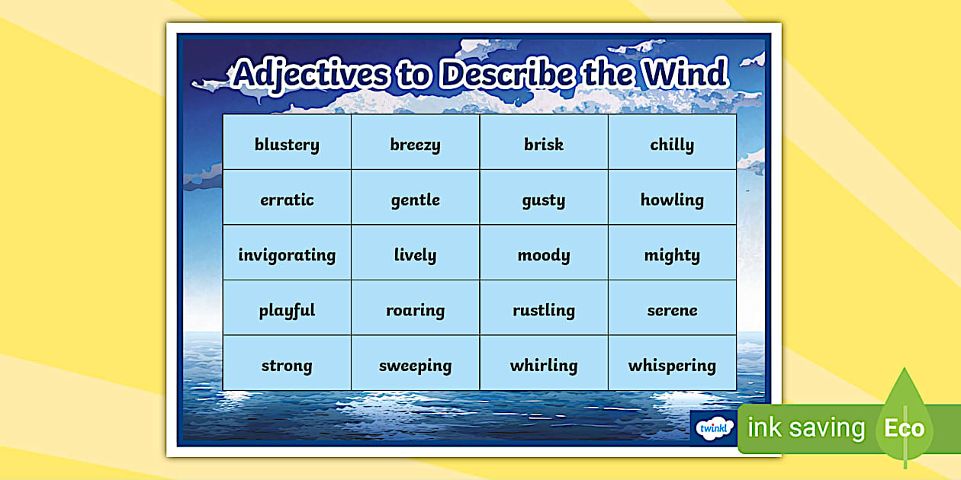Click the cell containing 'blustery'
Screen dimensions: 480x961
287,144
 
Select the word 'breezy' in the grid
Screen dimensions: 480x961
415,144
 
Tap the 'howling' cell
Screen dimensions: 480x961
672,200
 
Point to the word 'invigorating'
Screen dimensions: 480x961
287,254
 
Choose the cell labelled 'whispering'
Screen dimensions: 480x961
672,365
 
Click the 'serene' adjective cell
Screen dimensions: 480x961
672,310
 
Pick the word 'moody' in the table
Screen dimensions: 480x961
544,254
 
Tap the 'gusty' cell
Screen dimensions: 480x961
544,200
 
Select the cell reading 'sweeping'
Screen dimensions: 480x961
415,365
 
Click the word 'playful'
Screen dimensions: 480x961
287,310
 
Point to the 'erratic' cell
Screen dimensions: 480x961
287,200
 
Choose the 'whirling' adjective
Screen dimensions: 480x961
544,365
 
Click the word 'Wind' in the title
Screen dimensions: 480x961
683,74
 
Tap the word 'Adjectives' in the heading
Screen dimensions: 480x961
309,75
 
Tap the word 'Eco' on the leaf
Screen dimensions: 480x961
904,427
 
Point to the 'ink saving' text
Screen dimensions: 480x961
806,428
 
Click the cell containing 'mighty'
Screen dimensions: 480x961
672,254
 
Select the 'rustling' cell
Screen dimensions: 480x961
544,310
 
